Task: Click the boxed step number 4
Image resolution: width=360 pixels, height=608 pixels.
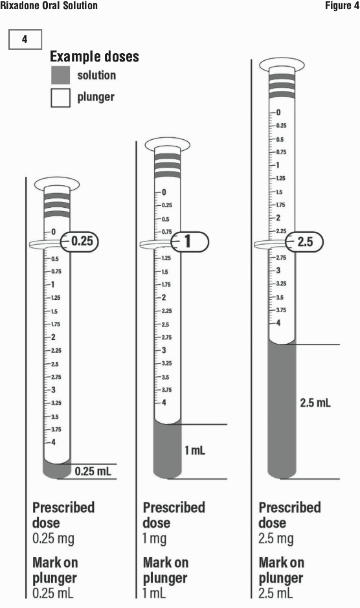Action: point(25,39)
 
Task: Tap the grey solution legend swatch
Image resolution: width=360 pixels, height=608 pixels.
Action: point(60,75)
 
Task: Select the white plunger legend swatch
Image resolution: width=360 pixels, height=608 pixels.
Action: point(60,97)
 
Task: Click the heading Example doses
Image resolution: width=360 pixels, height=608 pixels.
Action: point(95,56)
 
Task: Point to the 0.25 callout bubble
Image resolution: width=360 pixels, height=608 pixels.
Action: point(80,241)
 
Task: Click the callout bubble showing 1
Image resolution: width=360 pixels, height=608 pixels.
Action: point(190,242)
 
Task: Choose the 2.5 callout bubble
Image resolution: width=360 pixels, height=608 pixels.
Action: point(304,242)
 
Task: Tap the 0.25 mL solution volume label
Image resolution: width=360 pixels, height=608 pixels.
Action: point(93,471)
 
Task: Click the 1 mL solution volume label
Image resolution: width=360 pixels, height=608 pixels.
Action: point(195,450)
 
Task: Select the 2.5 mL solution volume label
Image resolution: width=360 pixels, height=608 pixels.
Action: point(315,403)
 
